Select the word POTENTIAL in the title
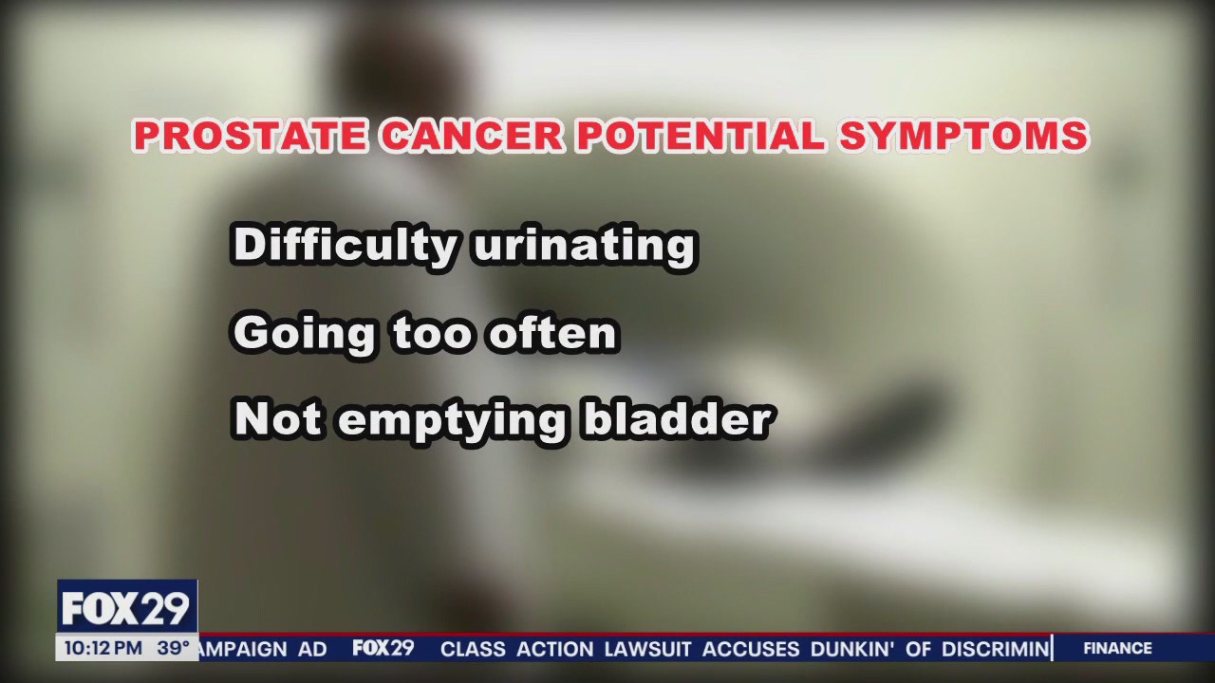700,137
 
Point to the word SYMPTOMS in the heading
963,137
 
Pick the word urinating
583,245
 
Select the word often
552,333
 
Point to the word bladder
677,419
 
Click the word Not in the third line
276,419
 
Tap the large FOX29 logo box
126,608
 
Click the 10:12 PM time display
103,649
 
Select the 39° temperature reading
173,649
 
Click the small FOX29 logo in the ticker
383,649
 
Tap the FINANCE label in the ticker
1117,649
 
